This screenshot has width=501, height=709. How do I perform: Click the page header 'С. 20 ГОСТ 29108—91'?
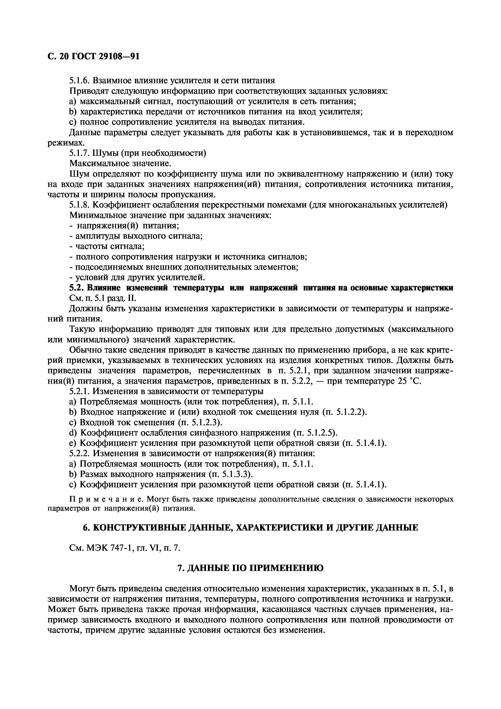pyautogui.click(x=94, y=57)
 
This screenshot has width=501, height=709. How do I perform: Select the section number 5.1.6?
pyautogui.click(x=80, y=81)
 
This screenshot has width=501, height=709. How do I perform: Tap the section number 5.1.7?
pyautogui.click(x=80, y=153)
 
